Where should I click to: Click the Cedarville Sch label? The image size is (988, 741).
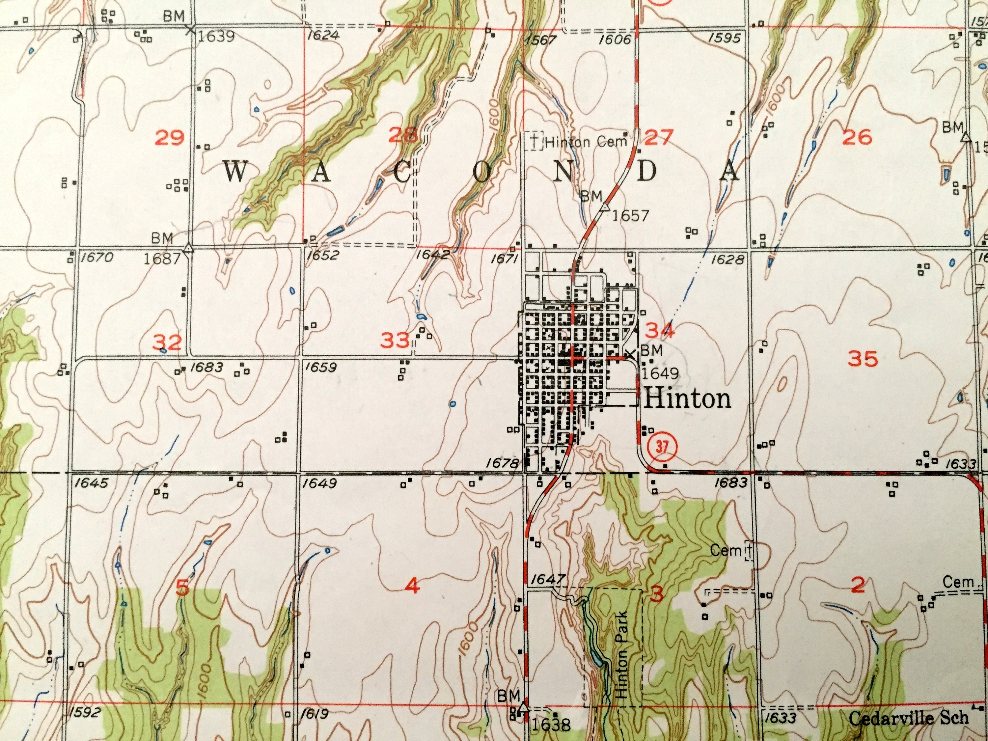(909, 718)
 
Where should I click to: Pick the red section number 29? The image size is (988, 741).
(169, 137)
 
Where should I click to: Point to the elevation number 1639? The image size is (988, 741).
(216, 36)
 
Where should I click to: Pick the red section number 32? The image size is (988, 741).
(168, 343)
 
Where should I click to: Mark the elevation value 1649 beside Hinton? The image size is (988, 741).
(660, 372)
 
